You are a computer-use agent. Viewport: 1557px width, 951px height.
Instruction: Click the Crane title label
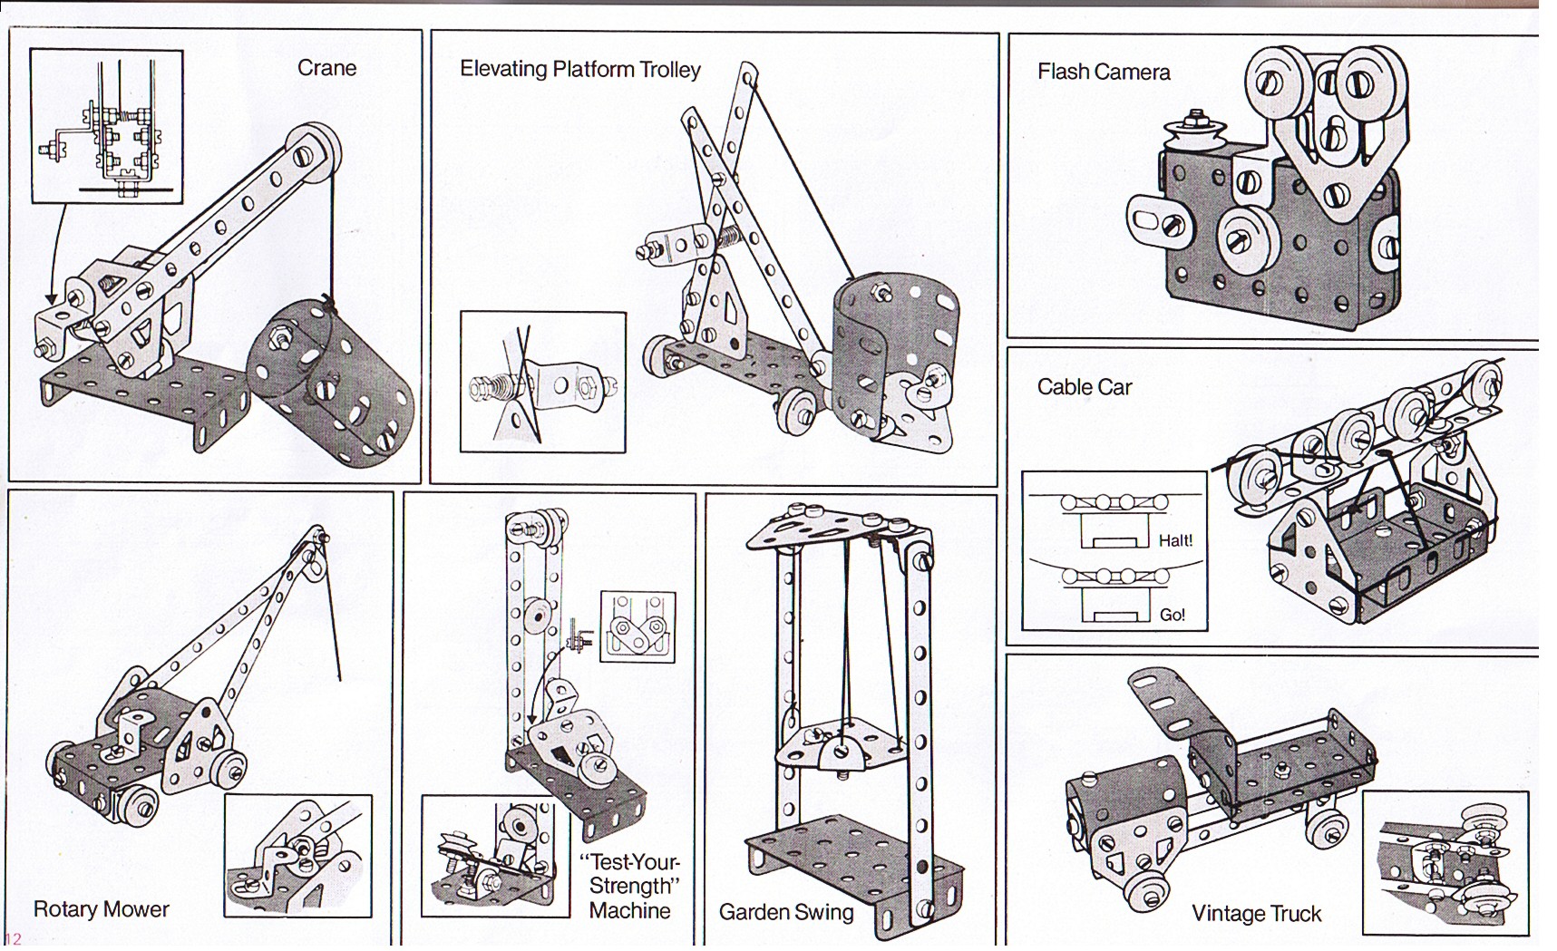(x=326, y=68)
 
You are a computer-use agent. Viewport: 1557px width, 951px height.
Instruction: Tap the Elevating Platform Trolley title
(x=579, y=69)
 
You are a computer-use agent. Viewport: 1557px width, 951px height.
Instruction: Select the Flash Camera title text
(x=1103, y=72)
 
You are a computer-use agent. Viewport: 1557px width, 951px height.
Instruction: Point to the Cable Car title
(x=1084, y=387)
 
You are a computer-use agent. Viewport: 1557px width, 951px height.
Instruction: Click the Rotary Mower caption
(x=101, y=909)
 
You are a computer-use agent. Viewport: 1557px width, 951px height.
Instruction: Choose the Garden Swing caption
(x=785, y=912)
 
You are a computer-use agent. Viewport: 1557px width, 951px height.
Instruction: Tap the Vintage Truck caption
(x=1256, y=914)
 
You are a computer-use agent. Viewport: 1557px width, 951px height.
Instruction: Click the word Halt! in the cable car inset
(x=1175, y=541)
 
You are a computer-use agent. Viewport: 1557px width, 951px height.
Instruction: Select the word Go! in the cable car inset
(x=1172, y=615)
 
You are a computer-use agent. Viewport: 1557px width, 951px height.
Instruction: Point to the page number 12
(x=13, y=939)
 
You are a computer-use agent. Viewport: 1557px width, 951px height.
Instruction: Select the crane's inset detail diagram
(x=106, y=126)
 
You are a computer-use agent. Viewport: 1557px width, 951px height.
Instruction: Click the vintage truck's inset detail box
(x=1445, y=862)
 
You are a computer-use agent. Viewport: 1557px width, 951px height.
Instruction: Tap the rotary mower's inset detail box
(x=297, y=856)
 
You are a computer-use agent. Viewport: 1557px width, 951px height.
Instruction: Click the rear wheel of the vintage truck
(x=1324, y=828)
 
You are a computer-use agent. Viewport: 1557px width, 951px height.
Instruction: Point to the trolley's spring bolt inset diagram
(x=542, y=382)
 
